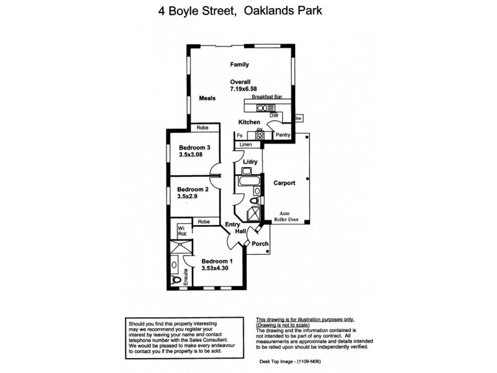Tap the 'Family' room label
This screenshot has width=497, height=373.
pyautogui.click(x=239, y=65)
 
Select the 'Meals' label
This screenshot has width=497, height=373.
pyautogui.click(x=207, y=98)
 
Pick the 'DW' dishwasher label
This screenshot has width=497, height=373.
pyautogui.click(x=273, y=116)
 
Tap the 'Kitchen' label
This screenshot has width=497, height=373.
pyautogui.click(x=249, y=122)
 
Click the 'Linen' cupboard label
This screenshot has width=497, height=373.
pyautogui.click(x=246, y=145)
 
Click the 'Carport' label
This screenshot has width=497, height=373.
pyautogui.click(x=284, y=183)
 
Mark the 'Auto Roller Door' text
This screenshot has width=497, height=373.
pyautogui.click(x=289, y=216)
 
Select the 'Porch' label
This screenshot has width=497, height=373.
pyautogui.click(x=260, y=244)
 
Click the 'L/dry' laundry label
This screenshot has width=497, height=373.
pyautogui.click(x=250, y=162)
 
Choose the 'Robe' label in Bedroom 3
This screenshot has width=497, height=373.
pyautogui.click(x=202, y=127)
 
